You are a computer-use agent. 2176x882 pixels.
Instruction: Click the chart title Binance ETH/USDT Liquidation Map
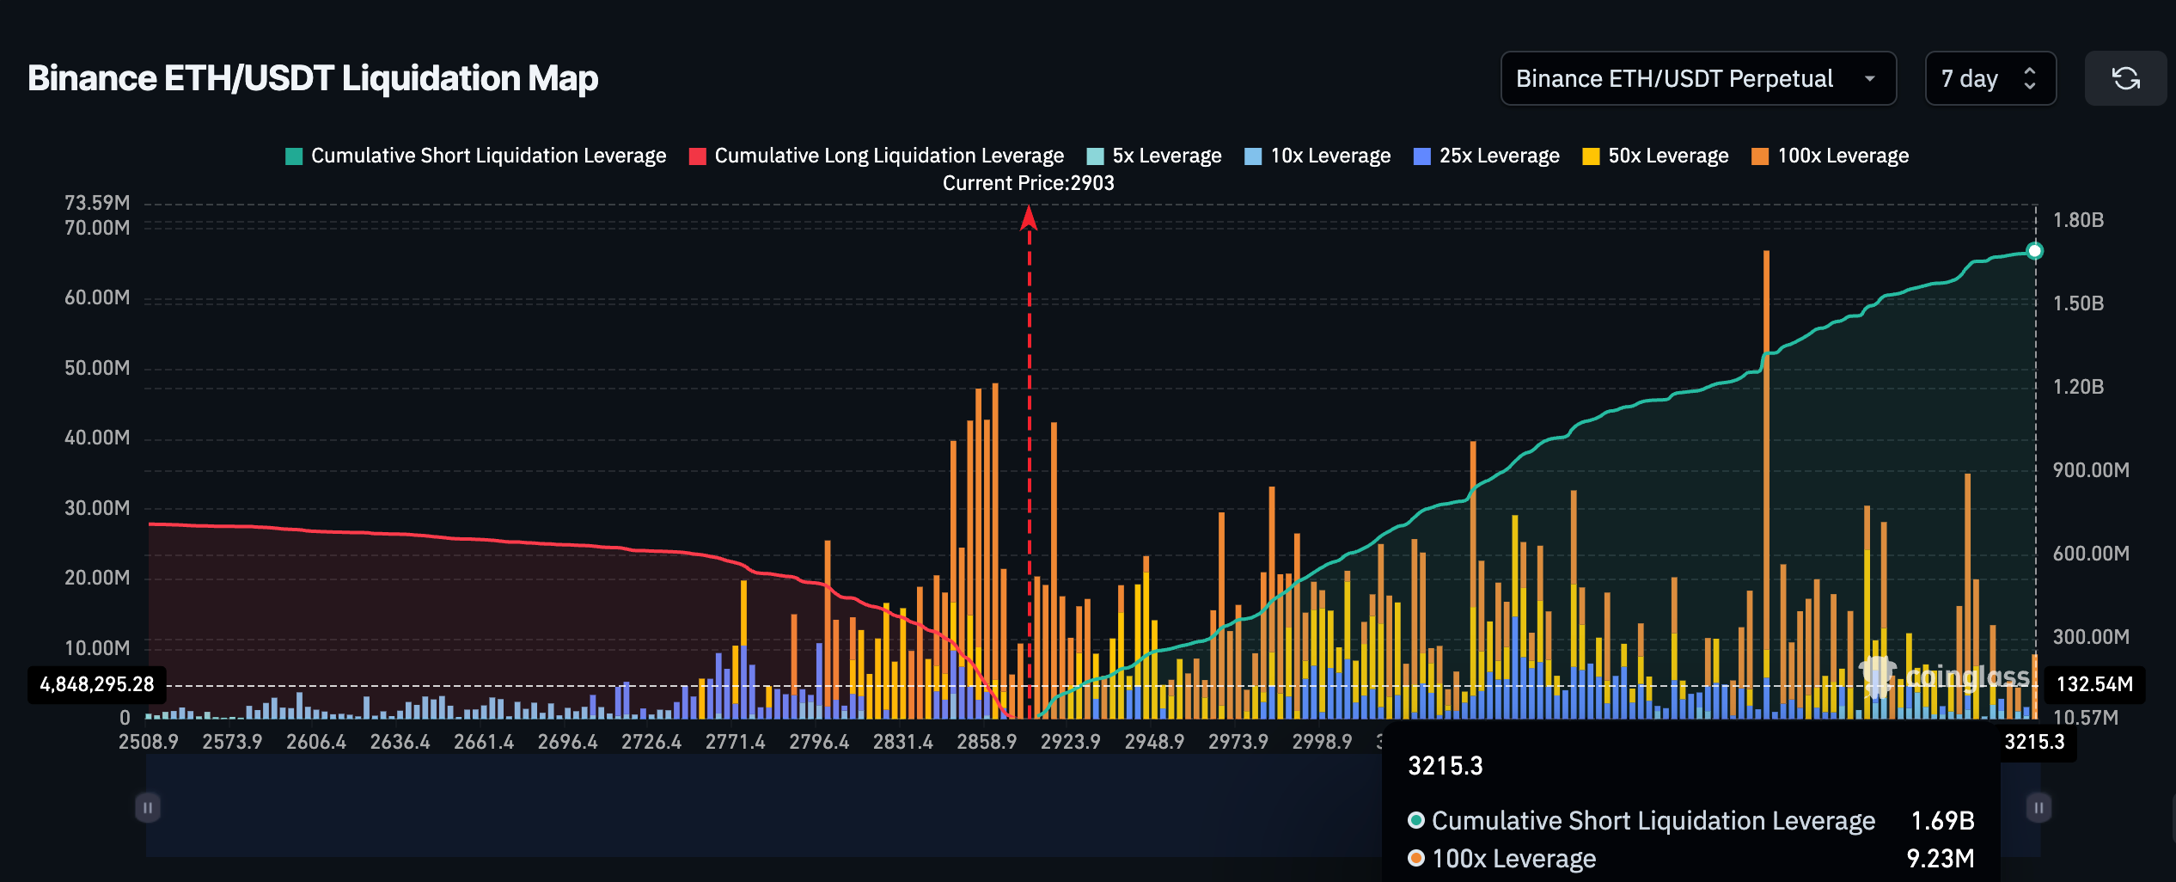(x=313, y=78)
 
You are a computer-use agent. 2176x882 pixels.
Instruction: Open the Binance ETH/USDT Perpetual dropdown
(x=1697, y=78)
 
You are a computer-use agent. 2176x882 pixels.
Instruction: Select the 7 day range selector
(x=1990, y=78)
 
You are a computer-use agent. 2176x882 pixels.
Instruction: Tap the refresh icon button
(x=2125, y=78)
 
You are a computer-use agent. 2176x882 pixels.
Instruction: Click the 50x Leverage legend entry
(x=1655, y=156)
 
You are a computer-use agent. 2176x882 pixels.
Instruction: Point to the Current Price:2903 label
(x=1028, y=183)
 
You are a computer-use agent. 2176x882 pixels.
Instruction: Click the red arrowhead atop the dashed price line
(x=1029, y=218)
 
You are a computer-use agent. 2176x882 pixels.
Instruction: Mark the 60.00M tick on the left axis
(x=97, y=297)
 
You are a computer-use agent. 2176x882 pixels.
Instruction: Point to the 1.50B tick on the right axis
(x=2078, y=303)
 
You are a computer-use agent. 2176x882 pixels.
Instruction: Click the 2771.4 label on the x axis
(x=735, y=742)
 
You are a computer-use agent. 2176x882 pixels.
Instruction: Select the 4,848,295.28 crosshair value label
(x=97, y=684)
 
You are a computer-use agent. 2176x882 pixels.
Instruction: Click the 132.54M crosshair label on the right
(x=2094, y=684)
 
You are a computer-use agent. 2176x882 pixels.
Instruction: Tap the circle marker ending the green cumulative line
(x=2034, y=251)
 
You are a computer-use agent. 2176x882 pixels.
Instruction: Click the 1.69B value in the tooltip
(x=1942, y=821)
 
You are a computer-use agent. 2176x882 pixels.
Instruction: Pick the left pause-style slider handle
(x=148, y=807)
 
